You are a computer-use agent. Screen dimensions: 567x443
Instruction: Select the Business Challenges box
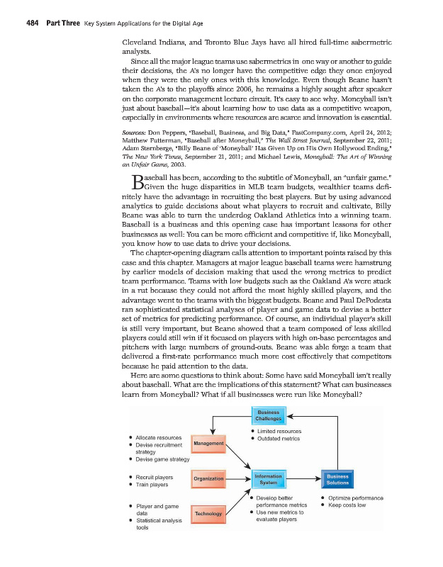pyautogui.click(x=268, y=415)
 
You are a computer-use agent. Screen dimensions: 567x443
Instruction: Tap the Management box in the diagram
pyautogui.click(x=208, y=444)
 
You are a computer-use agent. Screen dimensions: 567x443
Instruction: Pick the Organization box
pyautogui.click(x=208, y=478)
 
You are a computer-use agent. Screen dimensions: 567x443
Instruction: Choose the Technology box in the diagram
pyautogui.click(x=208, y=513)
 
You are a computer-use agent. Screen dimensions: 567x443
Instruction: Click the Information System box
pyautogui.click(x=268, y=479)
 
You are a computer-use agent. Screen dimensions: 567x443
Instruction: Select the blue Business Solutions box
pyautogui.click(x=337, y=479)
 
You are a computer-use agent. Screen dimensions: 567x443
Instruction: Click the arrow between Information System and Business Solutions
pyautogui.click(x=303, y=479)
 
